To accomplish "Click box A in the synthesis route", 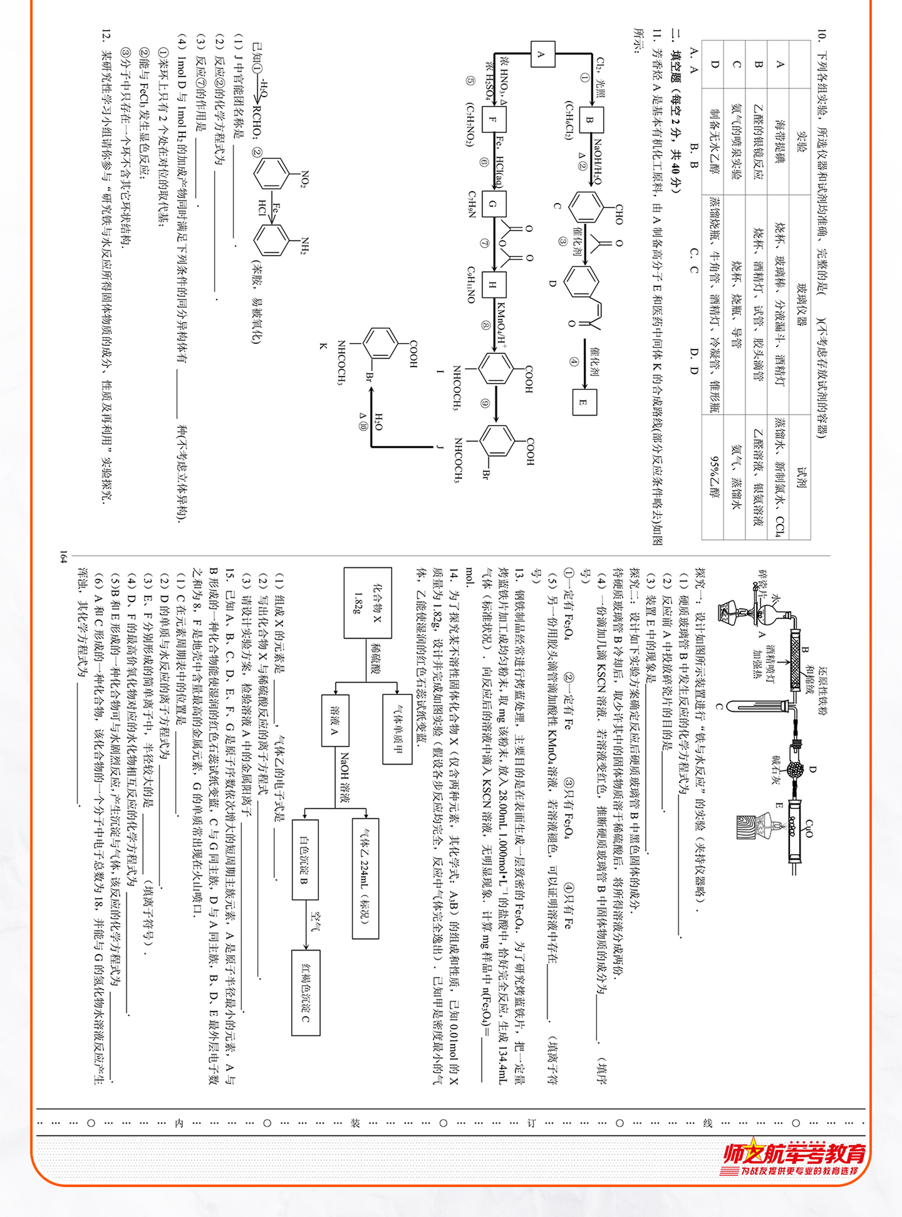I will point(542,54).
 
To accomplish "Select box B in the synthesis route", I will point(589,120).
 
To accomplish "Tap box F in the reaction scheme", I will point(493,120).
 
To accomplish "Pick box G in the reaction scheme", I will point(493,204).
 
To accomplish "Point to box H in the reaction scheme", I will point(493,285).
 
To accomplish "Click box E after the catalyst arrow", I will point(583,402).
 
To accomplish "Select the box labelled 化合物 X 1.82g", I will point(368,603).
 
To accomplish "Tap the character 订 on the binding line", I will point(531,1123).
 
